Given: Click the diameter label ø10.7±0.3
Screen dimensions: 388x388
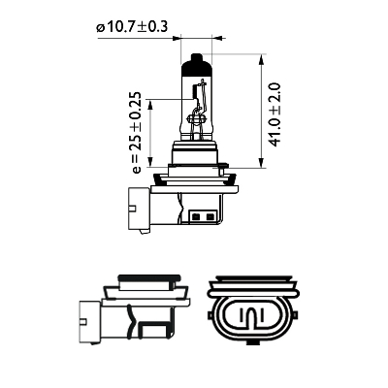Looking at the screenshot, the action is click(x=132, y=27).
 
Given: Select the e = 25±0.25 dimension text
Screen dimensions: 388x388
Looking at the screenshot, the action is click(x=137, y=133).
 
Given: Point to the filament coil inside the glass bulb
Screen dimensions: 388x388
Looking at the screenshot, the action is click(x=195, y=91).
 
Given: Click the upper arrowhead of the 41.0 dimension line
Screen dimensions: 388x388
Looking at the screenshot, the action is click(x=261, y=59).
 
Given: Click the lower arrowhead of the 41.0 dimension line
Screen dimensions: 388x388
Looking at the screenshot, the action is click(x=261, y=162).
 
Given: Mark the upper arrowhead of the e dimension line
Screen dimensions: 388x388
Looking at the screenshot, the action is click(x=149, y=104).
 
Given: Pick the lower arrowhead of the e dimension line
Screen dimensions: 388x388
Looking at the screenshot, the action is click(x=149, y=162).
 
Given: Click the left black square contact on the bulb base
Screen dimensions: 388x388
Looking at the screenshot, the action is click(x=196, y=216).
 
